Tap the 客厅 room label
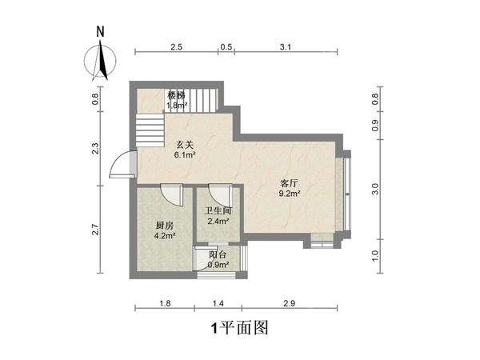point(290,182)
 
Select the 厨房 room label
point(164,226)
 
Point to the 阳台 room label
point(217,255)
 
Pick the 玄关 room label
point(186,146)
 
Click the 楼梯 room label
point(176,95)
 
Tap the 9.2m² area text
point(290,193)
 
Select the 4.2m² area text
point(164,236)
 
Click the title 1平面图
point(238,327)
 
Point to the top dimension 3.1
point(285,47)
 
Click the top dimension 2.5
point(177,47)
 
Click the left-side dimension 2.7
point(95,230)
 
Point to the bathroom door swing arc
point(217,194)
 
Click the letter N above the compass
point(100,33)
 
